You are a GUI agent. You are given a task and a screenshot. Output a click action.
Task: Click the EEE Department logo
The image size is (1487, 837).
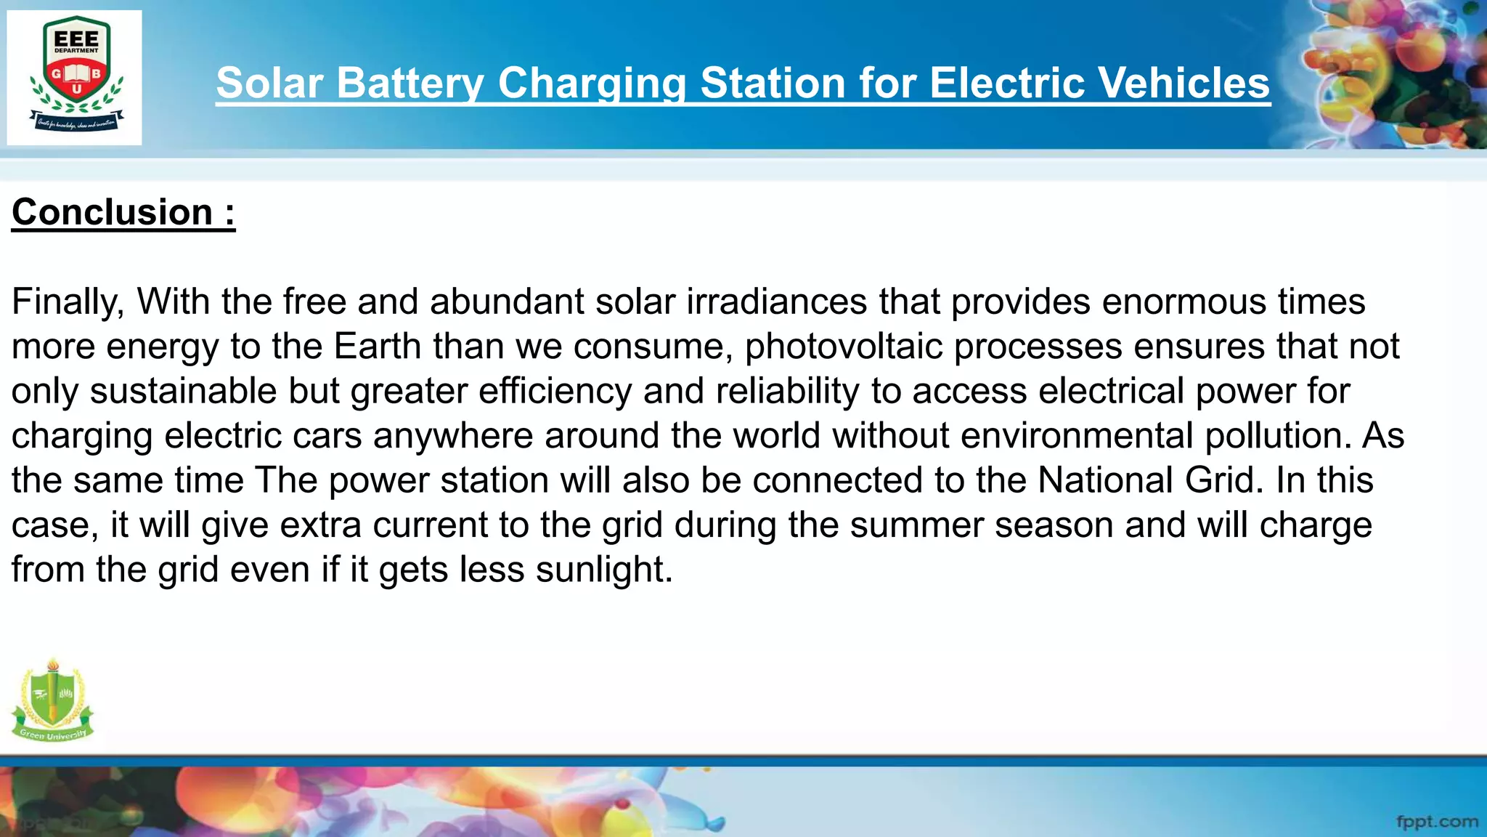(x=75, y=77)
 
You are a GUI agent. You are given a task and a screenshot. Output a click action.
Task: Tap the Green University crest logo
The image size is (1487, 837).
(x=52, y=700)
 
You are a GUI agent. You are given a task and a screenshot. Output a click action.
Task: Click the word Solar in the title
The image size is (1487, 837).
(x=269, y=83)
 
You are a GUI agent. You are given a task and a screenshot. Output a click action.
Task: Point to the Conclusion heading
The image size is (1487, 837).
(x=123, y=212)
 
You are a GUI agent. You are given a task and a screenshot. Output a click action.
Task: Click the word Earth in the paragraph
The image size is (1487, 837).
(x=378, y=347)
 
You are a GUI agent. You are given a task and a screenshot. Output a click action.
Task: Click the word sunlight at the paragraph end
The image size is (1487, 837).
(x=604, y=570)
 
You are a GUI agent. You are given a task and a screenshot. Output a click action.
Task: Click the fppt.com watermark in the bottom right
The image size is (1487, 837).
(x=1437, y=822)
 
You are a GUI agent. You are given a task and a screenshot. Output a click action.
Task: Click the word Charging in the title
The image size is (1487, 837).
(x=592, y=83)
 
